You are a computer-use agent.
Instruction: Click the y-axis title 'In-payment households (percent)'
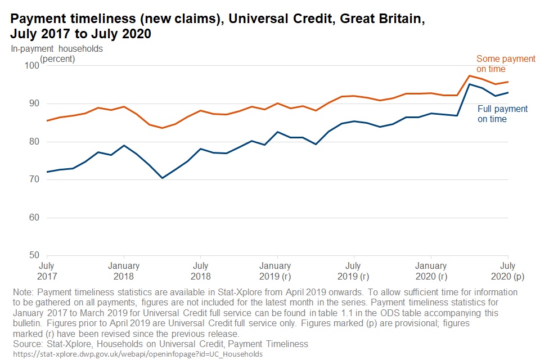click(57, 53)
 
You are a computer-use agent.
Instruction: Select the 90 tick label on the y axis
click(34, 103)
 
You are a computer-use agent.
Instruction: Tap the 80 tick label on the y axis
click(34, 142)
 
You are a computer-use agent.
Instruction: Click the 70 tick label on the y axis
click(34, 179)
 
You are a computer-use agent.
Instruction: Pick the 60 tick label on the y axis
click(34, 218)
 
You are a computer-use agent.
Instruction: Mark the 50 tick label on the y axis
click(34, 255)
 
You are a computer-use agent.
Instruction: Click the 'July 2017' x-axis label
click(47, 271)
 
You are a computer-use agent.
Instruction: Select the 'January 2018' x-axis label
click(123, 271)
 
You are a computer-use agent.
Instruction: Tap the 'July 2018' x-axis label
click(200, 271)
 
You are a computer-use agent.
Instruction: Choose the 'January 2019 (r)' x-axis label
click(277, 271)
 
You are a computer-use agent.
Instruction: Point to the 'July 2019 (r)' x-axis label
click(353, 271)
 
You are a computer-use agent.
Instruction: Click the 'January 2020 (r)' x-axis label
click(431, 271)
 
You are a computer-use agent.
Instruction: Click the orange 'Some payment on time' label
click(498, 64)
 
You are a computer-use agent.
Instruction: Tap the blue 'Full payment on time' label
click(502, 114)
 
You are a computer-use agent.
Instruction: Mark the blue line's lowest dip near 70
click(162, 178)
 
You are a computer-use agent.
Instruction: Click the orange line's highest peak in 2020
click(470, 76)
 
